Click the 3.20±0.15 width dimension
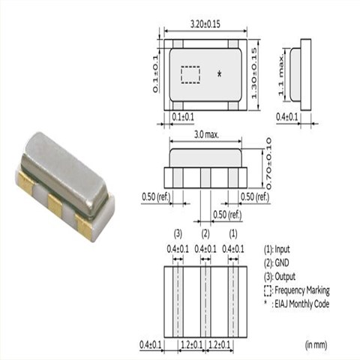point(205,25)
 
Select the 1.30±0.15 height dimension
point(254,73)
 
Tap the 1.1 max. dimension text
point(281,75)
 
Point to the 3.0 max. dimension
point(206,135)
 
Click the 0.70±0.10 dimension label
point(268,164)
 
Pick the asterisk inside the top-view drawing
point(219,74)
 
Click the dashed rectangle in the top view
point(190,75)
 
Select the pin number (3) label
point(178,234)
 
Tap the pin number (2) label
point(205,234)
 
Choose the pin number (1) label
point(233,234)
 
